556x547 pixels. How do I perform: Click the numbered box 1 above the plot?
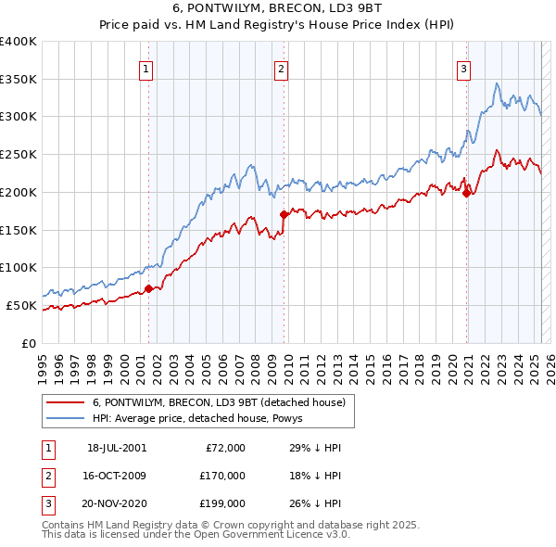[x=146, y=67]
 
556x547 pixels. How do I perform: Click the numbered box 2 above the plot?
[x=281, y=67]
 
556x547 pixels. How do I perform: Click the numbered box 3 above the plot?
[x=463, y=67]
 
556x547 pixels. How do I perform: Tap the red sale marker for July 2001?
[x=149, y=288]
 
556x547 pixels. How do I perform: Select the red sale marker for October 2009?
[x=284, y=214]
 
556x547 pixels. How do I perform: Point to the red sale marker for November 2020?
[x=467, y=192]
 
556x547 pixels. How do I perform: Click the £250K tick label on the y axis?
[x=18, y=155]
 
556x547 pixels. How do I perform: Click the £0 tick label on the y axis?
[x=29, y=343]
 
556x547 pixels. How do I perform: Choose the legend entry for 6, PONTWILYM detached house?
[x=219, y=402]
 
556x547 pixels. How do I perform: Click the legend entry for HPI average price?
[x=203, y=419]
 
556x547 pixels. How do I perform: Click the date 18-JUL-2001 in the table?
[x=117, y=448]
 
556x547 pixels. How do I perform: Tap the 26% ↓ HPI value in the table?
[x=314, y=503]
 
